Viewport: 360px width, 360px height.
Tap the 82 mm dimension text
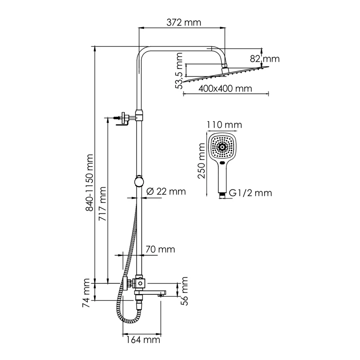[x=265, y=58]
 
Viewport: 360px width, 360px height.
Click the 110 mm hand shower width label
[x=224, y=125]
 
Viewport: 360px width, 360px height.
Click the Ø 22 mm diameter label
[x=166, y=191]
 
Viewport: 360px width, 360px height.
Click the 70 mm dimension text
[x=161, y=249]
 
